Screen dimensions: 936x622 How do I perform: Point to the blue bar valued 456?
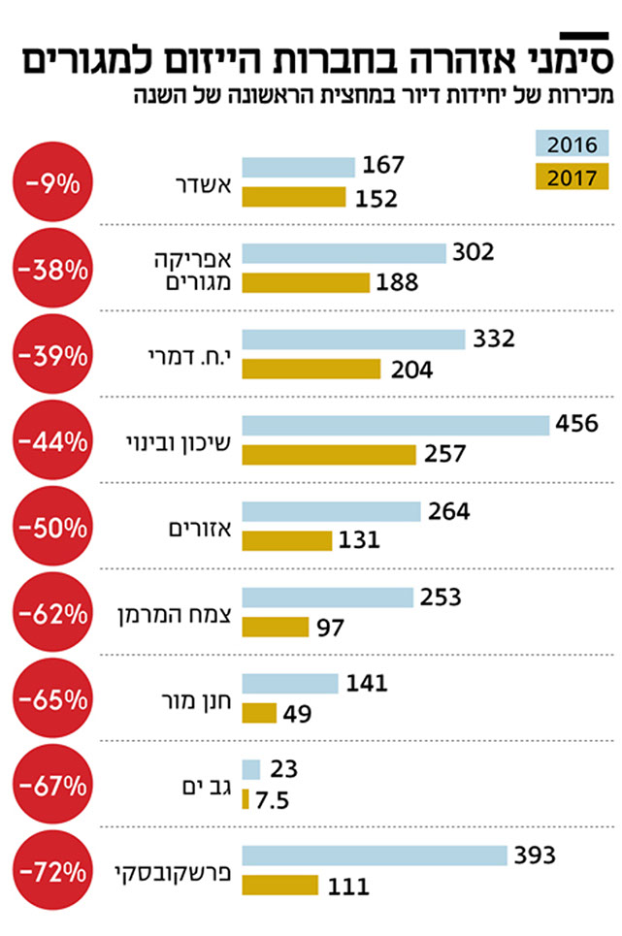pos(396,425)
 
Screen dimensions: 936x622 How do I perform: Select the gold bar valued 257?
pos(329,454)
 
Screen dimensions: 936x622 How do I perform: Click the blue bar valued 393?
pos(375,855)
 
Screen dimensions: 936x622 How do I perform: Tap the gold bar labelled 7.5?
pos(246,799)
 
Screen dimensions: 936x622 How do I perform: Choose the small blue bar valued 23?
pos(251,769)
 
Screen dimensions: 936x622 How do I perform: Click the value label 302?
pos(475,252)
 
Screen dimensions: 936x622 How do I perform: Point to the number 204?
pos(411,369)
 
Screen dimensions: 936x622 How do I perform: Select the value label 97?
pos(331,627)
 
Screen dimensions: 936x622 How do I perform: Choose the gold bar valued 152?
pos(294,197)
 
